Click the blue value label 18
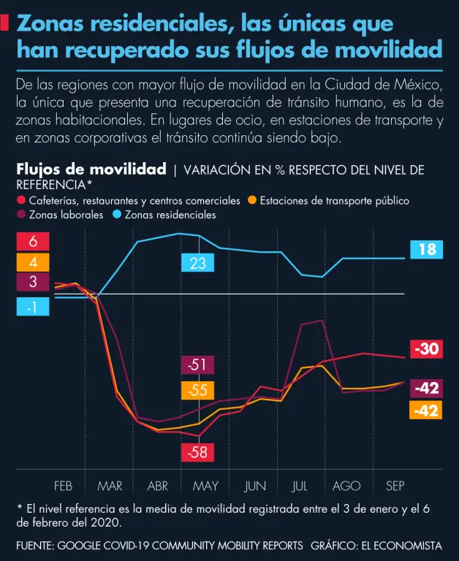(427, 250)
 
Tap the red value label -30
(427, 349)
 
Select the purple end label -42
(427, 388)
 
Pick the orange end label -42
(427, 411)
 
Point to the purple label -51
(197, 365)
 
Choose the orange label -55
(197, 390)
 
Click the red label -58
(197, 452)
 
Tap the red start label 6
(33, 242)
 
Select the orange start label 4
(33, 262)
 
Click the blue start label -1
(33, 308)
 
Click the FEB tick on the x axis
(63, 486)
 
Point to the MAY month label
(205, 486)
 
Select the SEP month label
(395, 486)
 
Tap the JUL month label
(300, 486)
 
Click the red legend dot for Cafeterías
(20, 200)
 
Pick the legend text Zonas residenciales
(170, 215)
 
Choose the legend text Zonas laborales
(66, 215)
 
